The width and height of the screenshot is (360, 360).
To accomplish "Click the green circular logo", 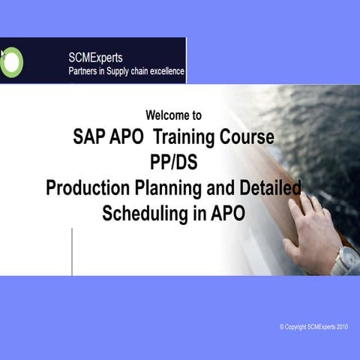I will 12,61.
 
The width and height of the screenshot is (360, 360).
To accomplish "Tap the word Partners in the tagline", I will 85,72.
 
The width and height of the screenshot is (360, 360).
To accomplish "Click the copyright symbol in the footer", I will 282,327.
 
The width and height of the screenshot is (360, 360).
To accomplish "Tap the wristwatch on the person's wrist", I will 346,260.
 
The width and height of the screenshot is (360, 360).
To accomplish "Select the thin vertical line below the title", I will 72,251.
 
